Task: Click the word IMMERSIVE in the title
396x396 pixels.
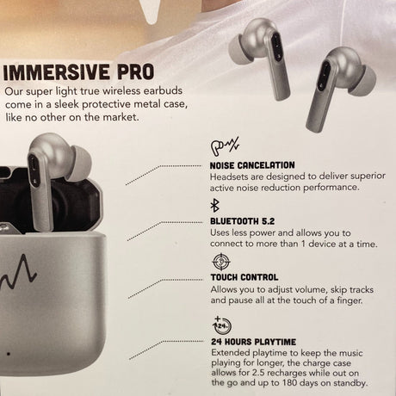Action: (57, 72)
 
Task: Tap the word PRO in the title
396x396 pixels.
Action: (135, 72)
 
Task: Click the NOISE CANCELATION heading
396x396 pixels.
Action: (252, 165)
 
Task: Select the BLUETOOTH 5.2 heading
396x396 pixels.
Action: (242, 221)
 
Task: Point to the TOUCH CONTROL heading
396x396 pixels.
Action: (244, 277)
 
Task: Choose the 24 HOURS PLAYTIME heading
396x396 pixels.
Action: (253, 342)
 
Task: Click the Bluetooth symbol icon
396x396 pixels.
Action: (214, 206)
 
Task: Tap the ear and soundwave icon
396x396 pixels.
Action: (225, 146)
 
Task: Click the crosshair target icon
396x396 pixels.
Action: (221, 262)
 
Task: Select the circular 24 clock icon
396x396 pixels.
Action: (222, 325)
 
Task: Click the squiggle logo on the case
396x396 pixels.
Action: (18, 272)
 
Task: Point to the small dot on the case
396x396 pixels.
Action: (9, 354)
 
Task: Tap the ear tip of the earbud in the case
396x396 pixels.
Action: (80, 164)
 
